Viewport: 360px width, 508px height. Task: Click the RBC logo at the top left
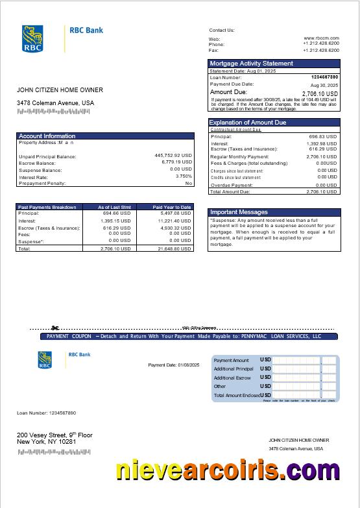33,38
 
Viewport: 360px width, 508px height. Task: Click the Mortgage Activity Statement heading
252,64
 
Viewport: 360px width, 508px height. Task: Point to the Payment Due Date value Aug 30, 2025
324,85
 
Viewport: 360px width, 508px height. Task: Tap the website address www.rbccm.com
321,38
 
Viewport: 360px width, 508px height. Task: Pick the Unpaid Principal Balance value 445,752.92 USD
173,156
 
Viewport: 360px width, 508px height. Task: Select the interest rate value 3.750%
184,176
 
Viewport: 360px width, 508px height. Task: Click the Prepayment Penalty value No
188,184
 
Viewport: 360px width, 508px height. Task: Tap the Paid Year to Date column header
172,207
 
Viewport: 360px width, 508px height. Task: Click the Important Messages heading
239,212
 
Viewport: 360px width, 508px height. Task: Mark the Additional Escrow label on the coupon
232,378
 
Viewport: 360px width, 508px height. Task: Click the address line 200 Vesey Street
54,435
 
